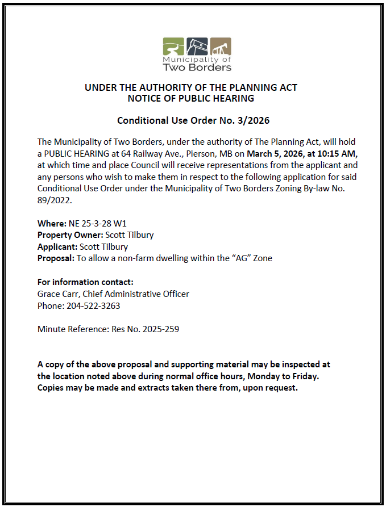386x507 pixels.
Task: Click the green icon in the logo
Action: coord(173,46)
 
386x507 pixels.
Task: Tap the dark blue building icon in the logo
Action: coord(197,46)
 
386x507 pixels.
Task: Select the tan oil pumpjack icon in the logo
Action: coord(221,46)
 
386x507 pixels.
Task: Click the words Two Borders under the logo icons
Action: coord(197,68)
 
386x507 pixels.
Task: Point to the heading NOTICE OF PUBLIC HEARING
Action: coord(191,98)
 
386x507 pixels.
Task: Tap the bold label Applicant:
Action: coord(57,246)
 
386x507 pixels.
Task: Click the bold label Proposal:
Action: coord(56,258)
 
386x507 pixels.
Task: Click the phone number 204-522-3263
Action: coord(94,305)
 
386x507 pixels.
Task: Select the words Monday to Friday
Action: coord(287,376)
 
